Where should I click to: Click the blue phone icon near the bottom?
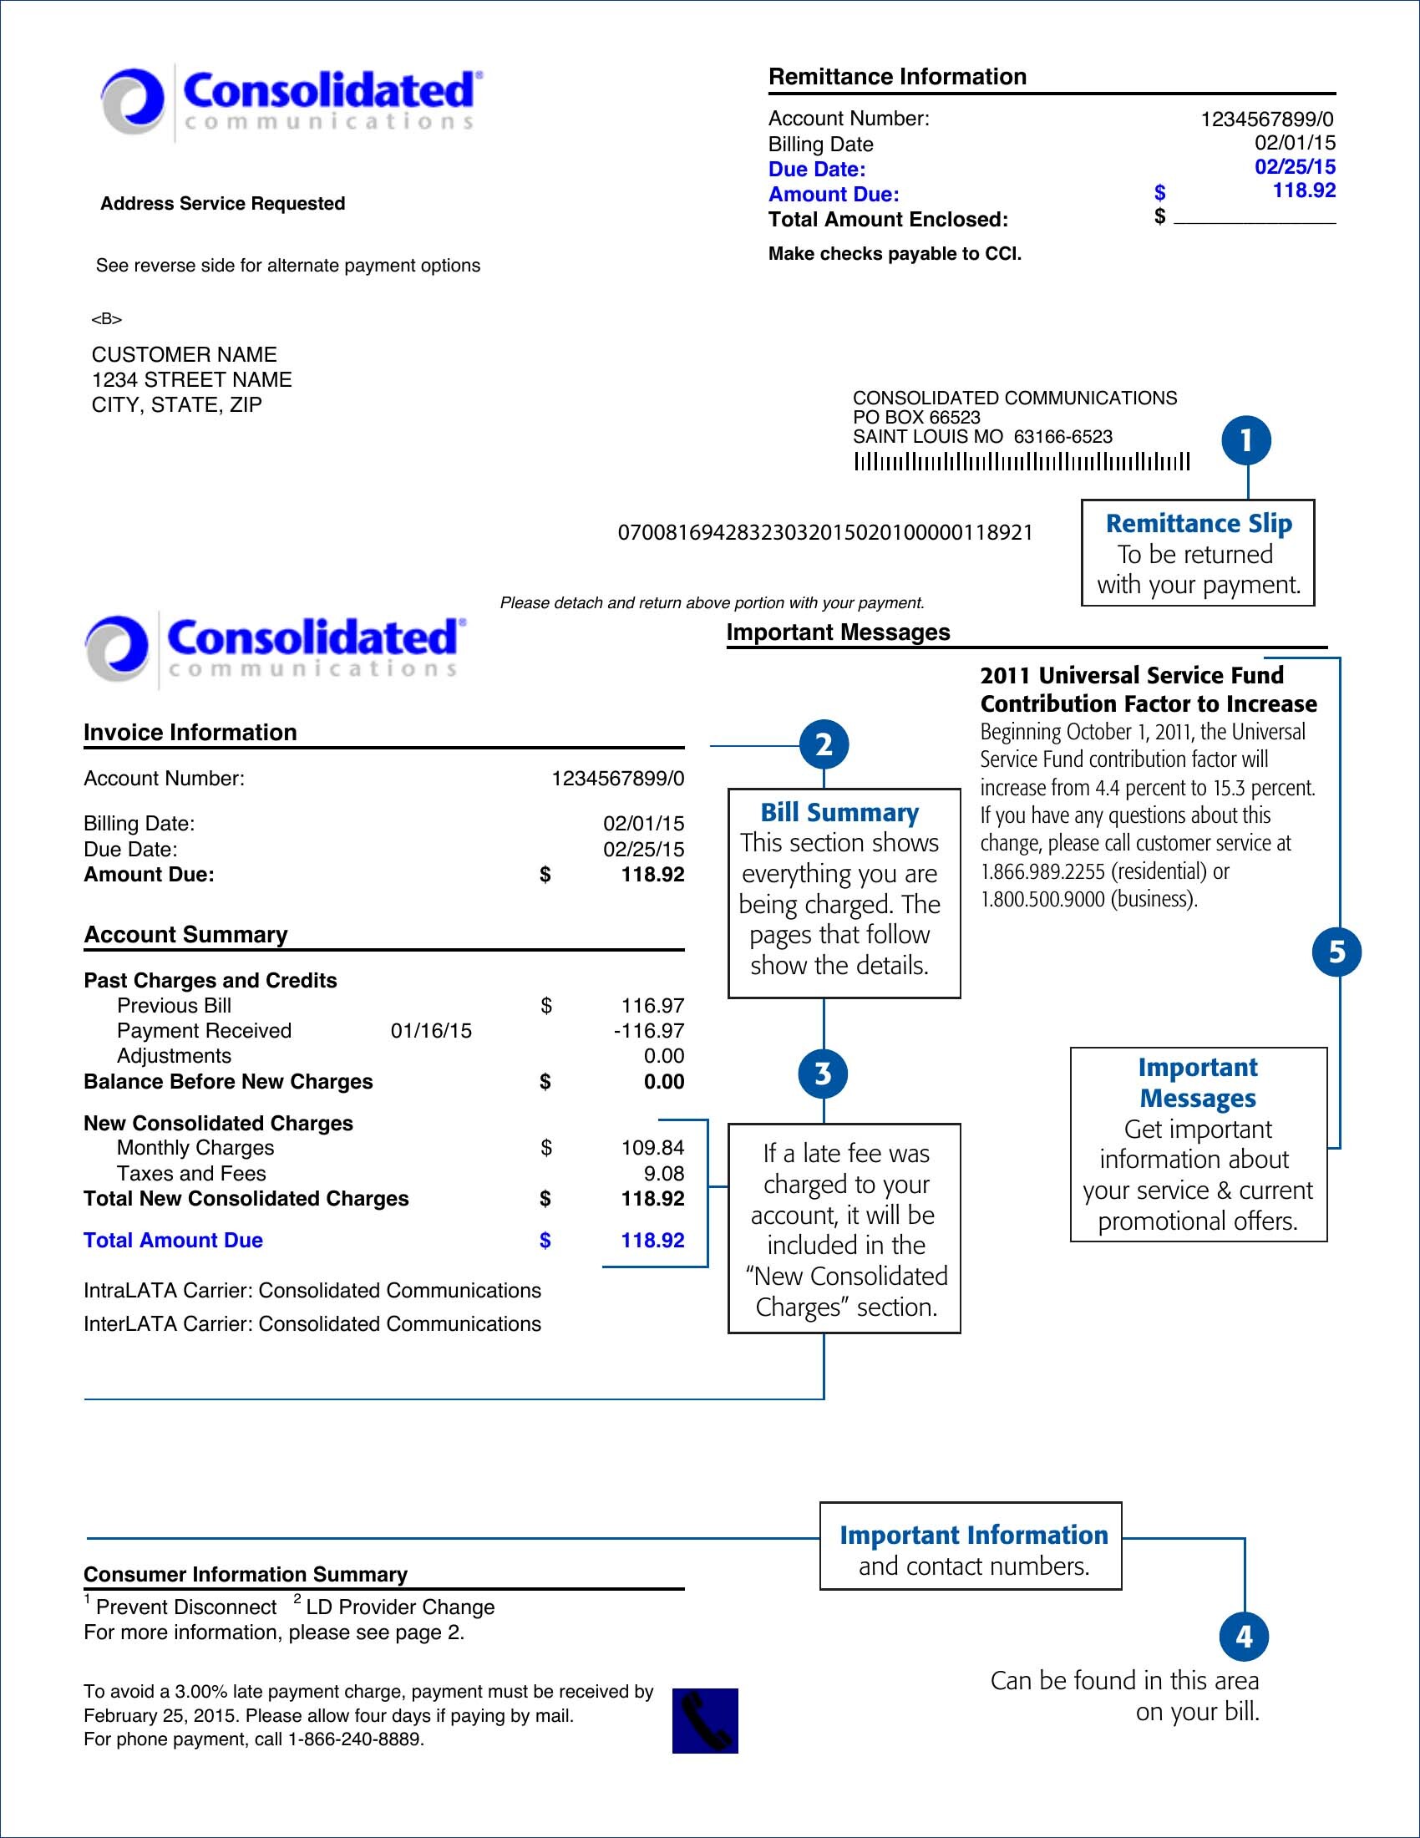pyautogui.click(x=705, y=1720)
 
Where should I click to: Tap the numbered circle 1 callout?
pyautogui.click(x=1246, y=441)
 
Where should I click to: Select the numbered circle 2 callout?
pyautogui.click(x=824, y=744)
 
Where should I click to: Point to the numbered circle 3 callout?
pyautogui.click(x=824, y=1074)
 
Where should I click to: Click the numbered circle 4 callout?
pyautogui.click(x=1245, y=1637)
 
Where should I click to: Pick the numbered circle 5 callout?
pyautogui.click(x=1336, y=952)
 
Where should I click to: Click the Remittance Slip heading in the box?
pyautogui.click(x=1198, y=524)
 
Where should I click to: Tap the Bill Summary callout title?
pyautogui.click(x=839, y=812)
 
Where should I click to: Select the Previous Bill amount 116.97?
pyautogui.click(x=652, y=1006)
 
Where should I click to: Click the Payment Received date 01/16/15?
pyautogui.click(x=431, y=1031)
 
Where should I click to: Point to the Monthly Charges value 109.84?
pyautogui.click(x=652, y=1148)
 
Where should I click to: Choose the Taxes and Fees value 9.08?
pyautogui.click(x=664, y=1173)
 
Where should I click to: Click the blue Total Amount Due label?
pyautogui.click(x=173, y=1241)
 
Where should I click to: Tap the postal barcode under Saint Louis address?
pyautogui.click(x=1022, y=462)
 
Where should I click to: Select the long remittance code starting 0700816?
pyautogui.click(x=824, y=533)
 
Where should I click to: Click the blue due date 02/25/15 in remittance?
pyautogui.click(x=1295, y=166)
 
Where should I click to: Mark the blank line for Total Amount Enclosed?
pyautogui.click(x=1255, y=221)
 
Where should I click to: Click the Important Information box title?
pyautogui.click(x=973, y=1535)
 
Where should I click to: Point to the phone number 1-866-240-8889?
pyautogui.click(x=355, y=1739)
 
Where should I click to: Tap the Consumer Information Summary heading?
pyautogui.click(x=246, y=1574)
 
